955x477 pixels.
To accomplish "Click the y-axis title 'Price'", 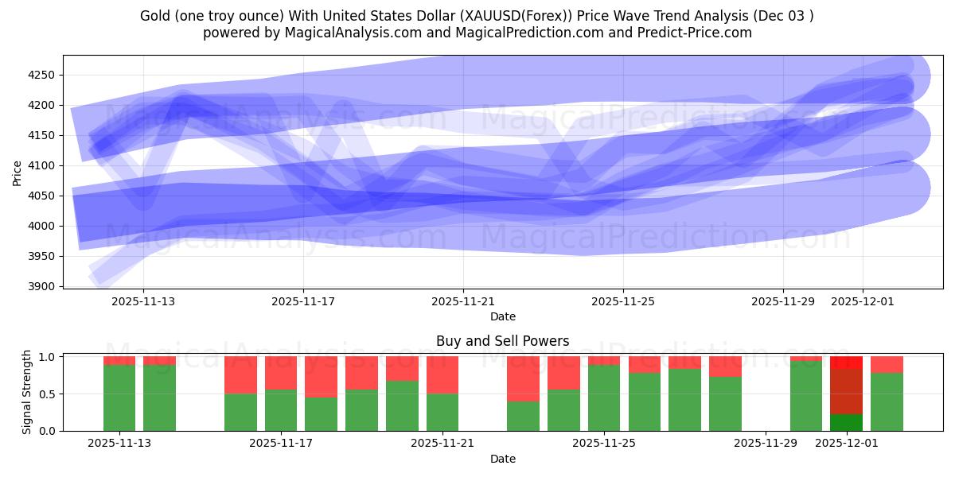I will pyautogui.click(x=18, y=172).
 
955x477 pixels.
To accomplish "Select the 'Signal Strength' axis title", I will pyautogui.click(x=27, y=392).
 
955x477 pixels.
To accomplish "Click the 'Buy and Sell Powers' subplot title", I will pyautogui.click(x=502, y=341).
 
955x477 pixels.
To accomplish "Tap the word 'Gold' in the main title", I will pyautogui.click(x=154, y=16).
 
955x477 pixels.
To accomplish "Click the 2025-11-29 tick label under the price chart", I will pyautogui.click(x=783, y=302).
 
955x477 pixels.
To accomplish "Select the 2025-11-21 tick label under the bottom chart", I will pyautogui.click(x=442, y=444).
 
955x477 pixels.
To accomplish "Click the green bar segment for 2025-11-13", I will pyautogui.click(x=119, y=397).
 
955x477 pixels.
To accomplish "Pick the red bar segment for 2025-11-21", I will pyautogui.click(x=442, y=374).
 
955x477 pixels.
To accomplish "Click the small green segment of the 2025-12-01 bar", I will pyautogui.click(x=846, y=422).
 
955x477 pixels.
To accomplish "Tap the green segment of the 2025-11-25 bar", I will pyautogui.click(x=604, y=397).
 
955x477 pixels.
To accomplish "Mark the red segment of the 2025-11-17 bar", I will pyautogui.click(x=281, y=373).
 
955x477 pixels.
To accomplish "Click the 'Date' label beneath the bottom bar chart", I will pyautogui.click(x=502, y=459).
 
